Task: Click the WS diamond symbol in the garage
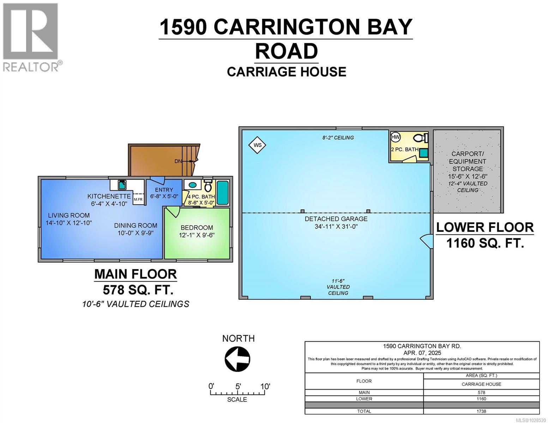(x=257, y=145)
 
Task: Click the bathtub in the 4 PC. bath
(x=222, y=193)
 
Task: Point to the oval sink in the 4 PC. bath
(x=193, y=185)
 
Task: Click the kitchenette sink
(x=122, y=185)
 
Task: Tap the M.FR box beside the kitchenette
(x=138, y=199)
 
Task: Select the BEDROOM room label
(x=197, y=228)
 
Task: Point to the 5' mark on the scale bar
(x=238, y=386)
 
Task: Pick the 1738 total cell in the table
(x=481, y=411)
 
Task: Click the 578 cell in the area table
(x=481, y=392)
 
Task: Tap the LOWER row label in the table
(x=364, y=399)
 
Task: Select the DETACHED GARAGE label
(x=336, y=219)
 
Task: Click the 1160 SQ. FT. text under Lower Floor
(x=485, y=243)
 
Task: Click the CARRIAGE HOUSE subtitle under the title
(x=286, y=72)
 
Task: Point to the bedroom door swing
(x=173, y=212)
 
